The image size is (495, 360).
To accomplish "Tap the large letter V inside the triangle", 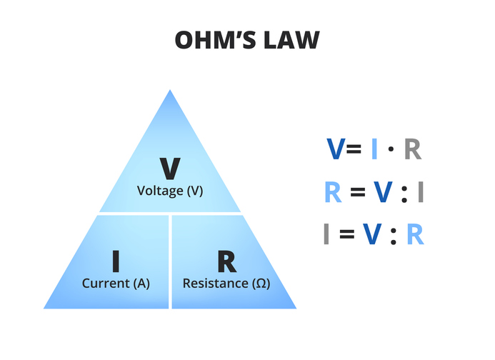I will point(170,168).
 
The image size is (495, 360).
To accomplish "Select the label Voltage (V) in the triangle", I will point(170,191).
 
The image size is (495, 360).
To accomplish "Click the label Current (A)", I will point(116,283).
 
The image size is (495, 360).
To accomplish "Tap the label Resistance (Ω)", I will point(226,283).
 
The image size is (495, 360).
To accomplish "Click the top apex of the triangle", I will point(170,91).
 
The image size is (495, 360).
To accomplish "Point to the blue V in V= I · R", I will point(335,149).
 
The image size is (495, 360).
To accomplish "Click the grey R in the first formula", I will point(413,149).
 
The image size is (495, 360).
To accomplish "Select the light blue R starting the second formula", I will point(333,191).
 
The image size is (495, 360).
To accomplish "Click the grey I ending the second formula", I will point(421,191).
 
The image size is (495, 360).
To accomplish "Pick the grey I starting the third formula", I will point(326,234).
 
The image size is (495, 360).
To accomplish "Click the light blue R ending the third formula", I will point(415,234).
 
